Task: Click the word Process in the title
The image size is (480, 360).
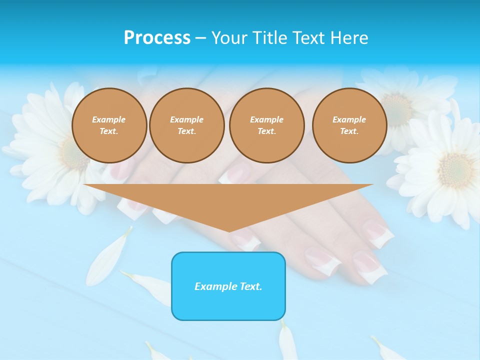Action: pyautogui.click(x=157, y=37)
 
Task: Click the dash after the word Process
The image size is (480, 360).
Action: pyautogui.click(x=200, y=38)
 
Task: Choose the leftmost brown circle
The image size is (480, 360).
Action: pyautogui.click(x=109, y=125)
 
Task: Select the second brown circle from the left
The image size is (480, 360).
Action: pyautogui.click(x=186, y=125)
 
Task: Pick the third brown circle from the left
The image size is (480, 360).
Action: pyautogui.click(x=266, y=125)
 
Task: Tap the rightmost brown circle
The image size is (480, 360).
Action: pyautogui.click(x=349, y=125)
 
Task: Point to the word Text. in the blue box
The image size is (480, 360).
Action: pyautogui.click(x=251, y=286)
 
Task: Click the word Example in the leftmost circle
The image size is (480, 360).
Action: pyautogui.click(x=109, y=119)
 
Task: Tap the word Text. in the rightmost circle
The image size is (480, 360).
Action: pyautogui.click(x=349, y=131)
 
